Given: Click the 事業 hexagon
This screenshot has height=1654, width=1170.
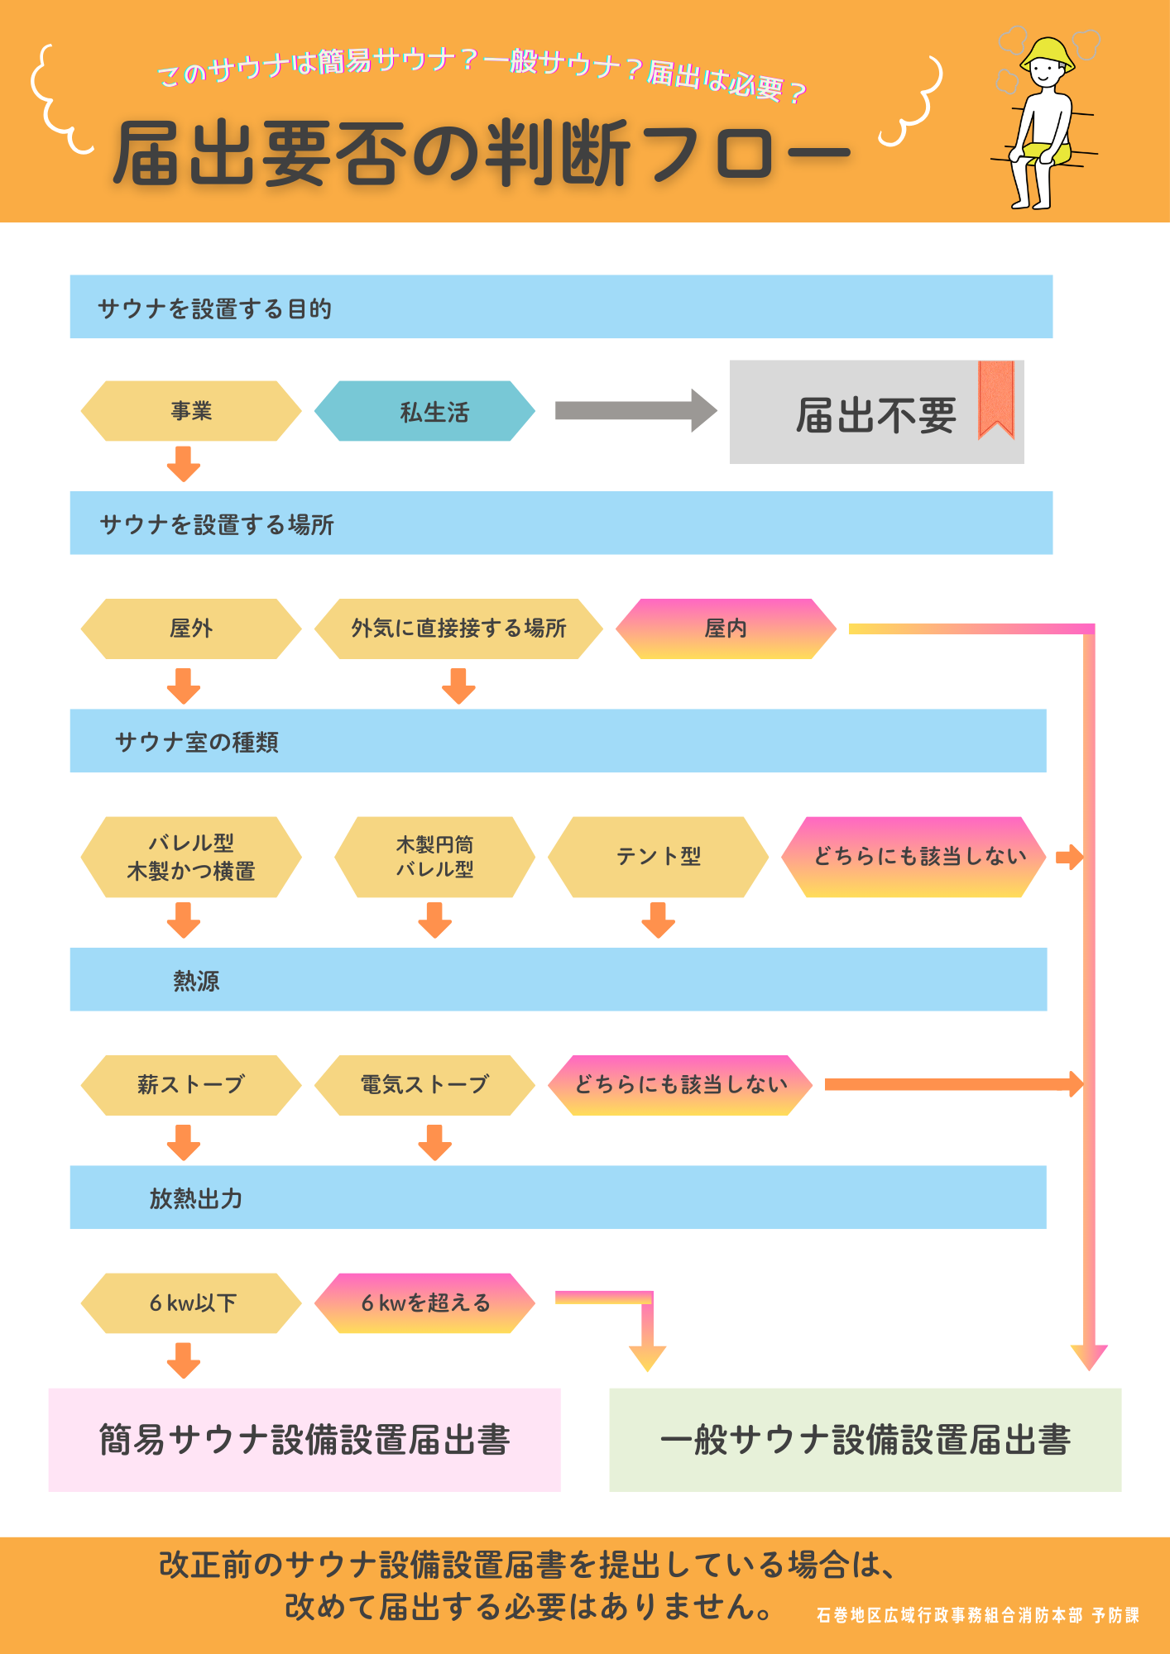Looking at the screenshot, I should [191, 411].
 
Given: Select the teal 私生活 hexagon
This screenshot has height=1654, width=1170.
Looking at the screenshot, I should [425, 411].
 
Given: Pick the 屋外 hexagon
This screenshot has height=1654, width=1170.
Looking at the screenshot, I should [191, 629].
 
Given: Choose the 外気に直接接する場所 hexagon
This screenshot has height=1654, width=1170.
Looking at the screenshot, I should [458, 629].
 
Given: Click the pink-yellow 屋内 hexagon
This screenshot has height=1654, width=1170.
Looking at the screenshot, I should [726, 629].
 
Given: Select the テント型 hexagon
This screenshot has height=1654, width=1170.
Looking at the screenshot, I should [659, 857].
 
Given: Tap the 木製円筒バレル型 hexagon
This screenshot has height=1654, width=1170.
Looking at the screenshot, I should [434, 857].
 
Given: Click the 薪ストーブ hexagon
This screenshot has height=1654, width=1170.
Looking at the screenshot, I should [191, 1085].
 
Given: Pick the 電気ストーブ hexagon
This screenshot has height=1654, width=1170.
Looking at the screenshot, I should [425, 1085].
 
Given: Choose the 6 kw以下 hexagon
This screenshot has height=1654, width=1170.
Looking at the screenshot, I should [191, 1303].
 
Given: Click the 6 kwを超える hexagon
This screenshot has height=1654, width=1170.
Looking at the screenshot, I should [425, 1303].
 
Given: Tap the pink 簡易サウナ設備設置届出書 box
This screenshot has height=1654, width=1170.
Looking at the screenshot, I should [304, 1440].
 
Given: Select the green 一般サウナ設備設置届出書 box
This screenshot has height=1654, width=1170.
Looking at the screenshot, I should [865, 1440].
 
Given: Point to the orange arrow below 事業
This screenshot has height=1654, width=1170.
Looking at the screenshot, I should [184, 464].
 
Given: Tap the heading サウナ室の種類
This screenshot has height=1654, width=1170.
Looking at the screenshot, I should [197, 742].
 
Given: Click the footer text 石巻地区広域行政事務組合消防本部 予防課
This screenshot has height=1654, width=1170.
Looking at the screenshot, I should [977, 1615].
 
